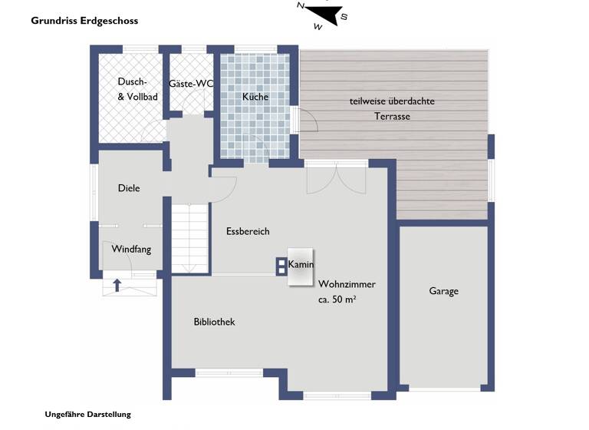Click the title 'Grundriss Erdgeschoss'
coord(84,21)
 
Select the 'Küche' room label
coord(255,98)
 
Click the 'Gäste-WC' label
coord(190,83)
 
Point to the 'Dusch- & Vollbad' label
coord(137,89)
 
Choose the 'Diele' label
coord(129,188)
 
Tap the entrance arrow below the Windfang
coord(117,286)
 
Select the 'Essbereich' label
coord(248,231)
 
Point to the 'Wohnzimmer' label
coord(347,284)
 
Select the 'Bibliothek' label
coord(214,322)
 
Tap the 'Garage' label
coord(443,291)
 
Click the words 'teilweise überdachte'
coord(392,102)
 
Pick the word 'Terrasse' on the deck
coord(392,117)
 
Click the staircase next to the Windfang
coord(189,238)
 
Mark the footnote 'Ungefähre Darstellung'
coord(88,414)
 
